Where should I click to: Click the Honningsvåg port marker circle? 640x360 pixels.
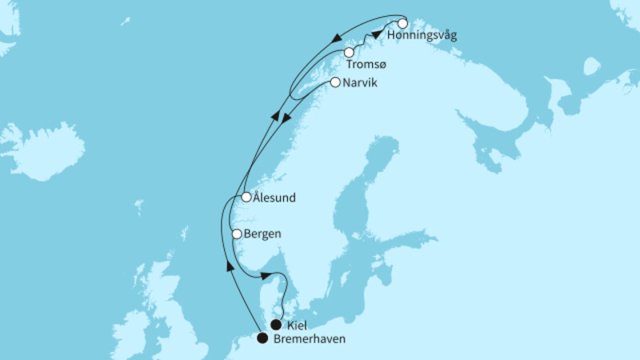tap(402, 23)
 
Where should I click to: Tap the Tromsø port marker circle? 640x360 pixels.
tap(349, 53)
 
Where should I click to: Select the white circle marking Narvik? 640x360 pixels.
tap(334, 82)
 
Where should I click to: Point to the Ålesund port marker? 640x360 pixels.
tap(246, 197)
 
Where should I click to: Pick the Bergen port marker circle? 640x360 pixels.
tap(236, 234)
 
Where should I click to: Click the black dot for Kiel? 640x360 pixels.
tap(276, 325)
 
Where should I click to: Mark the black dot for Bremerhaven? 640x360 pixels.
tap(262, 338)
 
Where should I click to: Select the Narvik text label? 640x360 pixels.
tap(358, 82)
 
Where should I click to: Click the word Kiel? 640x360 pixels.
tap(296, 326)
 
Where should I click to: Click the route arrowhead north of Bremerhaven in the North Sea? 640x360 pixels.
tap(230, 266)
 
